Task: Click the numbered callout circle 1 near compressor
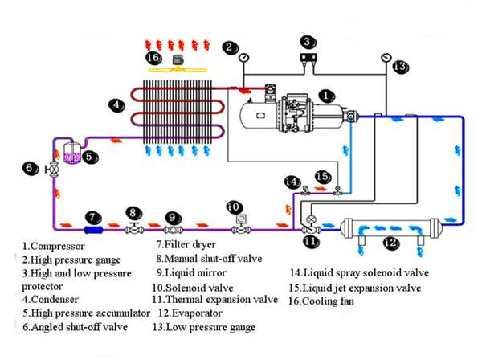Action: click(x=326, y=95)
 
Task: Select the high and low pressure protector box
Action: click(x=308, y=57)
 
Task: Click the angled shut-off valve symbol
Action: click(x=54, y=170)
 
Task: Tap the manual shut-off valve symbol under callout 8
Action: click(x=133, y=230)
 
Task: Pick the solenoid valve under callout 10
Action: click(x=238, y=228)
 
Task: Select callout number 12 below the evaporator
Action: click(x=390, y=242)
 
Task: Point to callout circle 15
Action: click(x=322, y=176)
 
